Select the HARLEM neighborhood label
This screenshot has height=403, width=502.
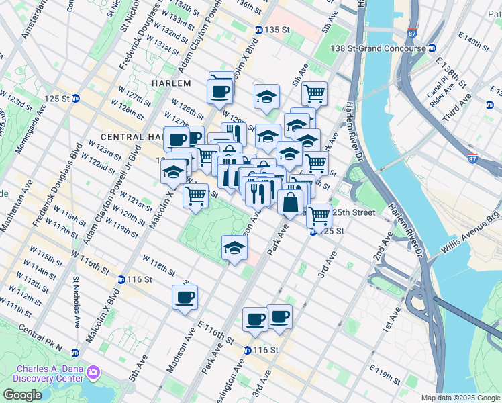point(171,83)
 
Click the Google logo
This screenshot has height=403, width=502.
point(21,395)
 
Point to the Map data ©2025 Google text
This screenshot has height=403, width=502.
point(460,398)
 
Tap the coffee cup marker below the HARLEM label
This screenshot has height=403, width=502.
point(221,90)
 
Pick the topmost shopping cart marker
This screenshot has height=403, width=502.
point(314,92)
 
